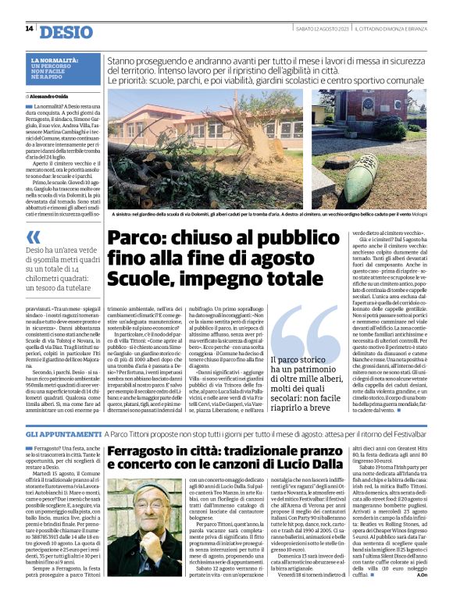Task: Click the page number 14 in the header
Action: tap(29, 29)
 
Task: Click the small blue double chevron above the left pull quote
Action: tap(32, 237)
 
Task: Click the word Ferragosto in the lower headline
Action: tap(148, 453)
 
